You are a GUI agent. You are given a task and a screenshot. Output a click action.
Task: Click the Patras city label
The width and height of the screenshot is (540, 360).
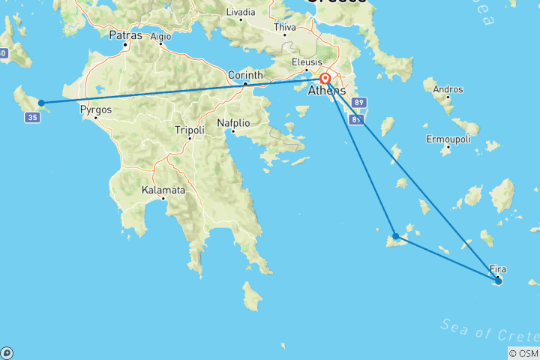coord(125,34)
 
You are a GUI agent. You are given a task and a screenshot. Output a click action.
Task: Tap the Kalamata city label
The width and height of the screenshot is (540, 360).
coord(163,190)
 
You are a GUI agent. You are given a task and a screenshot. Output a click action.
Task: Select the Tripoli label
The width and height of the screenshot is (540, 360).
coord(189,129)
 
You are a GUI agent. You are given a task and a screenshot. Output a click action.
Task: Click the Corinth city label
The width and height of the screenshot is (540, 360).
coord(246,75)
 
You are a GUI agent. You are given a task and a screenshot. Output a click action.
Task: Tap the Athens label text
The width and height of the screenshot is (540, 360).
coord(327,91)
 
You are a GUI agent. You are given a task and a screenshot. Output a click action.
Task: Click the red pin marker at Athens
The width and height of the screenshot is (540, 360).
coord(325,79)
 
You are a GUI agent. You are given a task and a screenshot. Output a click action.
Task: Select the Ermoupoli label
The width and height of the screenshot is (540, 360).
coord(447,139)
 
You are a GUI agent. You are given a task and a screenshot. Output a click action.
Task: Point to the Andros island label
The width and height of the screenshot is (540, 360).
coord(448,90)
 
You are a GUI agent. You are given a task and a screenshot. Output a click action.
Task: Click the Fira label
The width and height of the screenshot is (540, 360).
coord(497,268)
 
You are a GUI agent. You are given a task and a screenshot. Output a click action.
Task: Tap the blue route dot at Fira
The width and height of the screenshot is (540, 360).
coord(499,281)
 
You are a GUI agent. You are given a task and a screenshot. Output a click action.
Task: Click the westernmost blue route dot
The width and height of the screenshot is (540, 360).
coord(41,103)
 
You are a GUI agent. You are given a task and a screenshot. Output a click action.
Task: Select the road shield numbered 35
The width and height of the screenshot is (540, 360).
coord(31,118)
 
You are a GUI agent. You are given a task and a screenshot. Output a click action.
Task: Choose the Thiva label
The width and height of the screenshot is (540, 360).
coord(285,27)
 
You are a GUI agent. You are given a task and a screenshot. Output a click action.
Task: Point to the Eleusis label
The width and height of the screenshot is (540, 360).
coord(307,62)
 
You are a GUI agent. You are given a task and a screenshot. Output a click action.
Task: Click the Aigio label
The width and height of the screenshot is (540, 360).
coord(160,36)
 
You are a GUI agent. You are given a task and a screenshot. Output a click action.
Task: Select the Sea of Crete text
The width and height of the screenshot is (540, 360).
coord(487,329)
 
